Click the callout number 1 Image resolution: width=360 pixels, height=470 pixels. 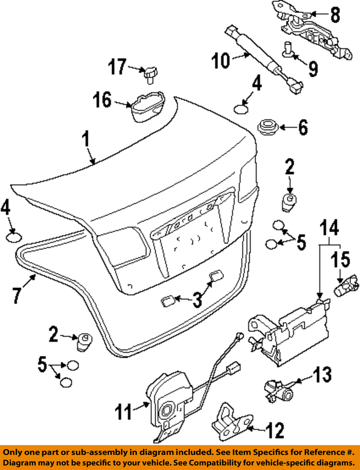86,140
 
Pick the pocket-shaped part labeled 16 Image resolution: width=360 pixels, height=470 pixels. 148,106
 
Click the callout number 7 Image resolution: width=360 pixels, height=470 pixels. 17,294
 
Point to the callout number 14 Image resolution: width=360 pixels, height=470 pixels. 329,228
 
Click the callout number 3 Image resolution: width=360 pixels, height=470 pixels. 197,299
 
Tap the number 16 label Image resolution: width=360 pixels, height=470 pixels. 102,100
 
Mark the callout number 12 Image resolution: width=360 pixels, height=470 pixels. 275,430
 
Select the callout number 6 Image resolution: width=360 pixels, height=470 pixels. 303,127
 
